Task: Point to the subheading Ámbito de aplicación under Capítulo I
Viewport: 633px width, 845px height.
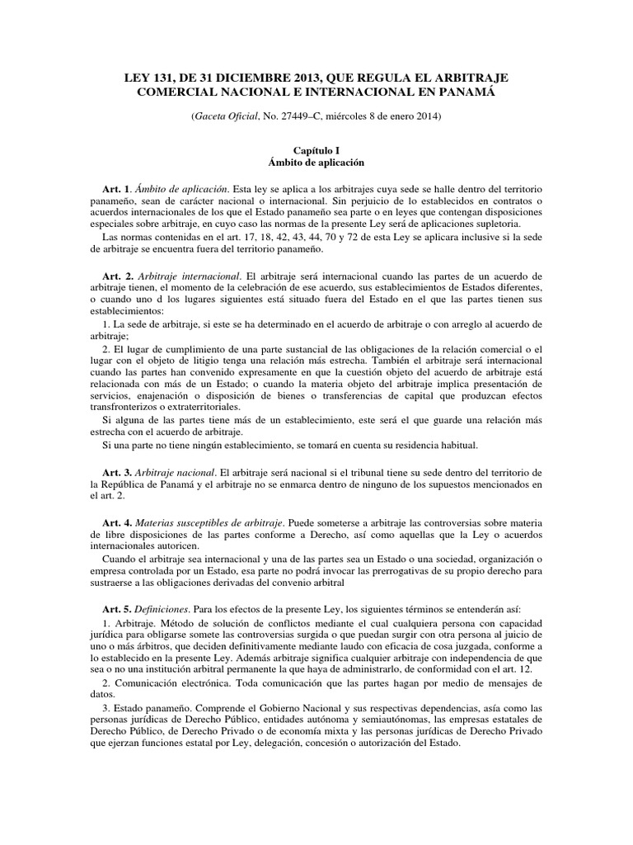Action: [316, 163]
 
